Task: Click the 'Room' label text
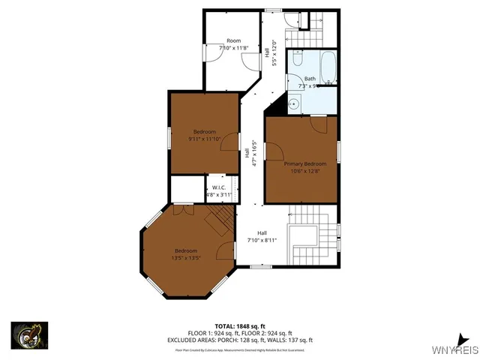coord(233,40)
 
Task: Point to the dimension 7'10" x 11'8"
coord(233,48)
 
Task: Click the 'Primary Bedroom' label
coord(304,163)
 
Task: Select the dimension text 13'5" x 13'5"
coord(186,257)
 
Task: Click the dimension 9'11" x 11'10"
coord(205,138)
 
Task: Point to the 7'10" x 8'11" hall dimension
coord(262,240)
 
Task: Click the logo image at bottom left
coord(29,335)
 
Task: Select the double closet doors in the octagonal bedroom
coord(180,211)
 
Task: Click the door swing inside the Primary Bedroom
coord(319,124)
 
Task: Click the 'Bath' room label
coord(310,79)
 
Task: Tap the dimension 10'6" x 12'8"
coord(304,170)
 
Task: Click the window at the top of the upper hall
coord(272,10)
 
